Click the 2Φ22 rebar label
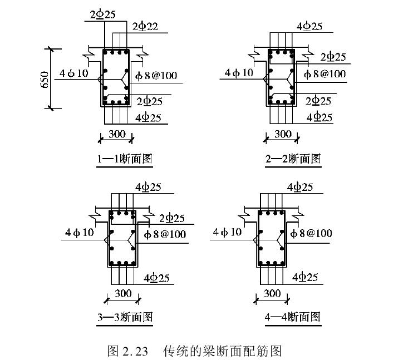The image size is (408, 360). [145, 27]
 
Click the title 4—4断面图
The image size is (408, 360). [293, 317]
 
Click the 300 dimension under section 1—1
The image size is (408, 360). [116, 134]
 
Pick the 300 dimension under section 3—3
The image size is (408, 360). [122, 293]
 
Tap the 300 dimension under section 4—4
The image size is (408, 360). [272, 293]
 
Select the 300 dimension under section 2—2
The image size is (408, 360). [283, 134]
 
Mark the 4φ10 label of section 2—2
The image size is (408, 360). [238, 73]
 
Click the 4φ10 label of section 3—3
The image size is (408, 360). [80, 232]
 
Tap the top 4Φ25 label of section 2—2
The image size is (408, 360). [310, 27]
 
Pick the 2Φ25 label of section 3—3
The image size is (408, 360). [172, 218]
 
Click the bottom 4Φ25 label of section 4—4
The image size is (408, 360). [305, 277]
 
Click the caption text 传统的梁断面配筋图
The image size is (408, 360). [223, 351]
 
